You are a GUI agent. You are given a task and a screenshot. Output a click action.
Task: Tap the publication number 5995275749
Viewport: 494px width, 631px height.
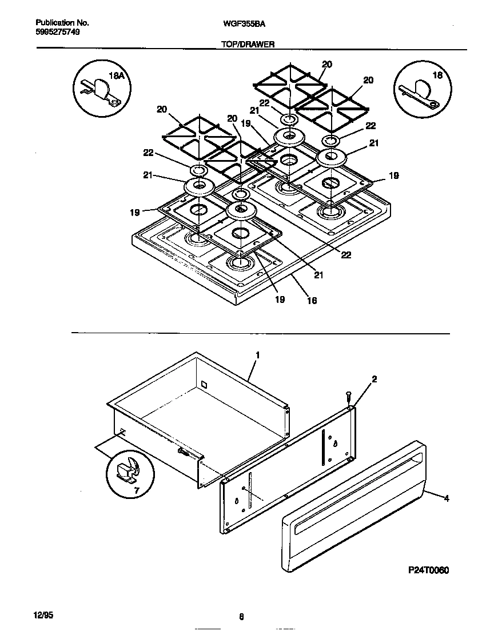point(57,32)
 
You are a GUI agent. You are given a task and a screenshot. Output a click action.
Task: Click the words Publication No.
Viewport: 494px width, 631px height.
point(62,23)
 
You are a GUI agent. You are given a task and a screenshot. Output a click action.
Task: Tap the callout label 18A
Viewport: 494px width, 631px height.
point(116,75)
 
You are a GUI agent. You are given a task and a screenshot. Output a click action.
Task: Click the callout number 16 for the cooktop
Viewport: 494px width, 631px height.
point(312,300)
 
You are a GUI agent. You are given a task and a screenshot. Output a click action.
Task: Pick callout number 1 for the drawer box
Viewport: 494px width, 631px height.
point(258,355)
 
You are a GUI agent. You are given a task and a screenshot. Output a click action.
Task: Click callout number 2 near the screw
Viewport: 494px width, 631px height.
point(374,379)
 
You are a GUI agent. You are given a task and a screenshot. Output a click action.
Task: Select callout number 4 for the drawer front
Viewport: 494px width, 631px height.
point(447,498)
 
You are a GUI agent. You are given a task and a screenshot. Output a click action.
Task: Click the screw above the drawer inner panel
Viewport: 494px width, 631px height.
point(348,396)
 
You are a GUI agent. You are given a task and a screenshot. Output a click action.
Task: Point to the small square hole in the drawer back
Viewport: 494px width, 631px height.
point(202,387)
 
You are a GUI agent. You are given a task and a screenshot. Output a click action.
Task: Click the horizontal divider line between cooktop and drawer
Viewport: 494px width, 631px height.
point(260,333)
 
